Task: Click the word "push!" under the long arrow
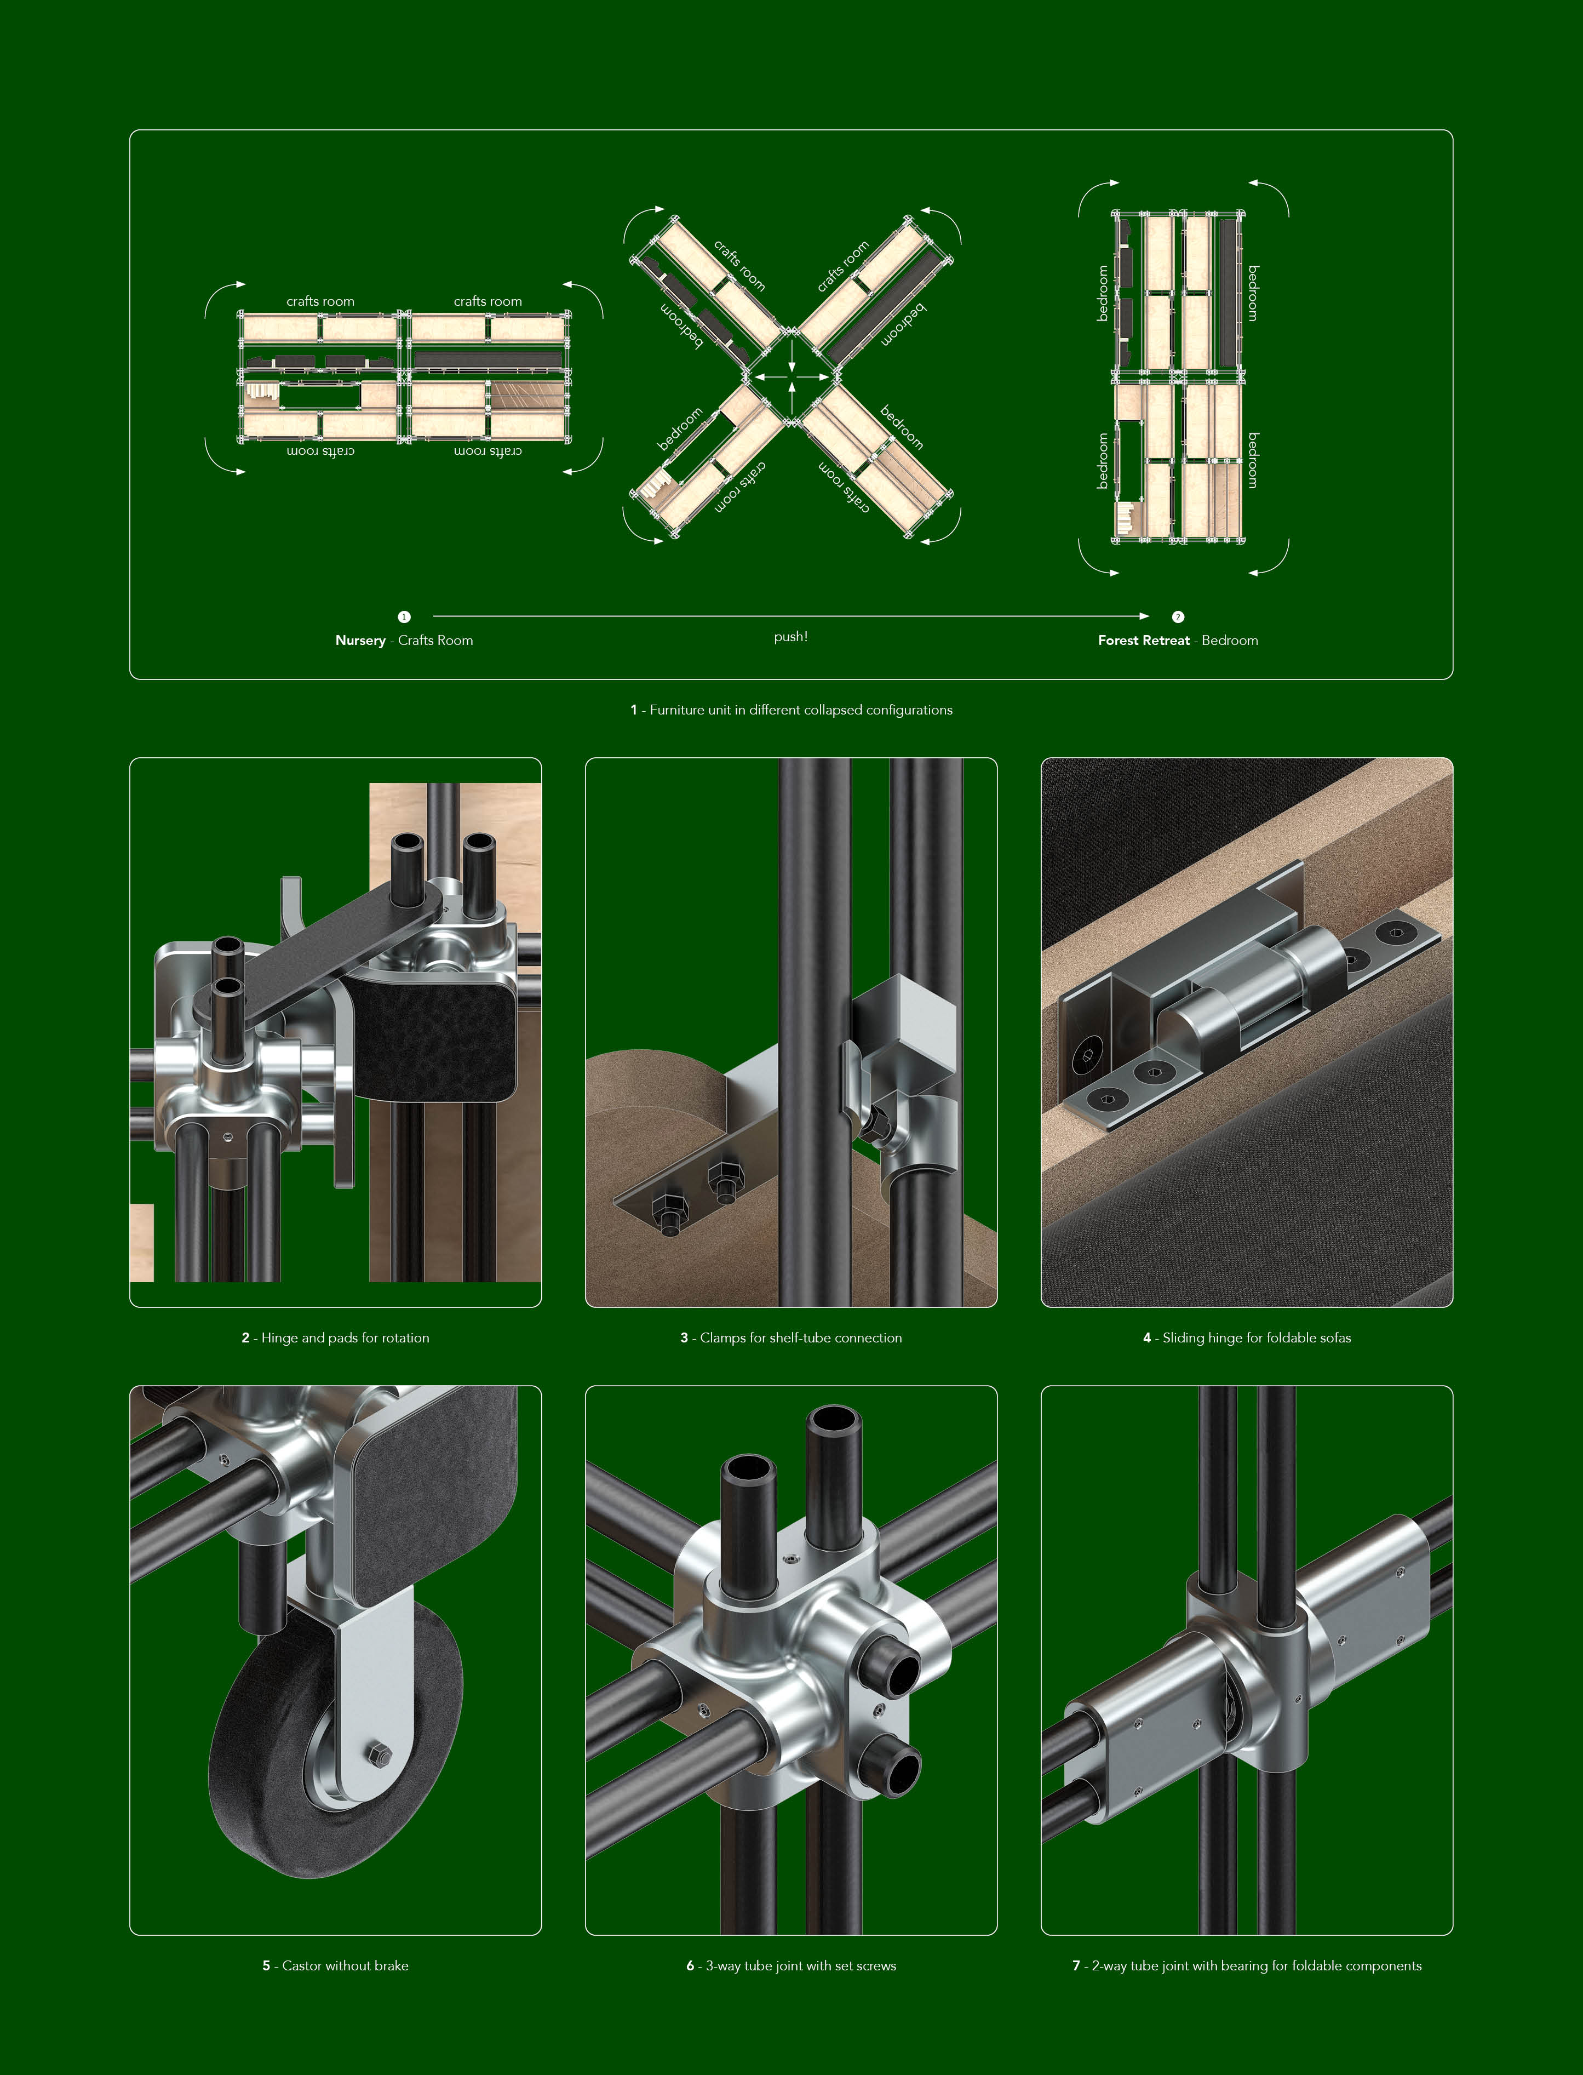(x=790, y=637)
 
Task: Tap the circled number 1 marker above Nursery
(x=404, y=617)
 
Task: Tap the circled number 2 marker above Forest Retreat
(x=1178, y=617)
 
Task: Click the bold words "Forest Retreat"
(x=1144, y=641)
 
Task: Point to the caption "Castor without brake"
(x=346, y=1966)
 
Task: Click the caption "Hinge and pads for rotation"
(x=345, y=1338)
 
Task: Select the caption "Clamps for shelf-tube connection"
(x=801, y=1338)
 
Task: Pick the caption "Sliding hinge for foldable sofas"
(x=1257, y=1338)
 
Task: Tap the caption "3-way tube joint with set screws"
(x=801, y=1966)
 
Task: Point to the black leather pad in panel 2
(x=433, y=1037)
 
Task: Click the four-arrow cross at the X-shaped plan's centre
(x=791, y=377)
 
